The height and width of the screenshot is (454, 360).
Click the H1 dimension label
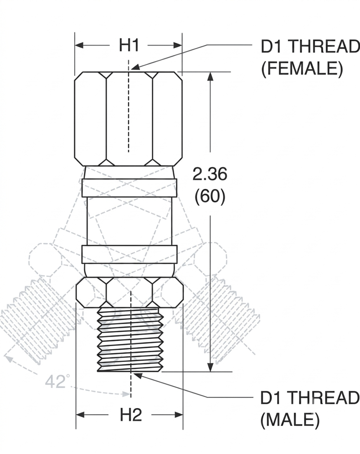[x=129, y=45]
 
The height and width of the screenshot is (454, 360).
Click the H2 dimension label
[x=131, y=415]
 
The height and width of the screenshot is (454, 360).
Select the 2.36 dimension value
[x=210, y=174]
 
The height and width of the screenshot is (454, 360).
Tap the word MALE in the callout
[x=290, y=420]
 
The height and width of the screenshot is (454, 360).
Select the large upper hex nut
[x=128, y=119]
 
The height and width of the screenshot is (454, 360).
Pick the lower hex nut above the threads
[x=129, y=292]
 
